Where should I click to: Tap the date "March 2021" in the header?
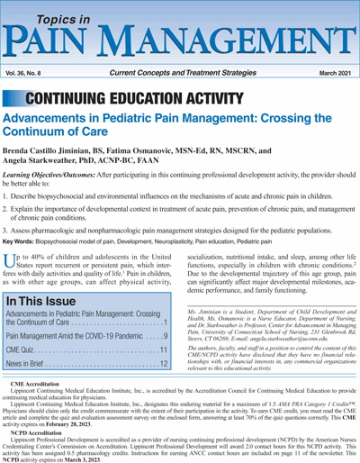[329, 71]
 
